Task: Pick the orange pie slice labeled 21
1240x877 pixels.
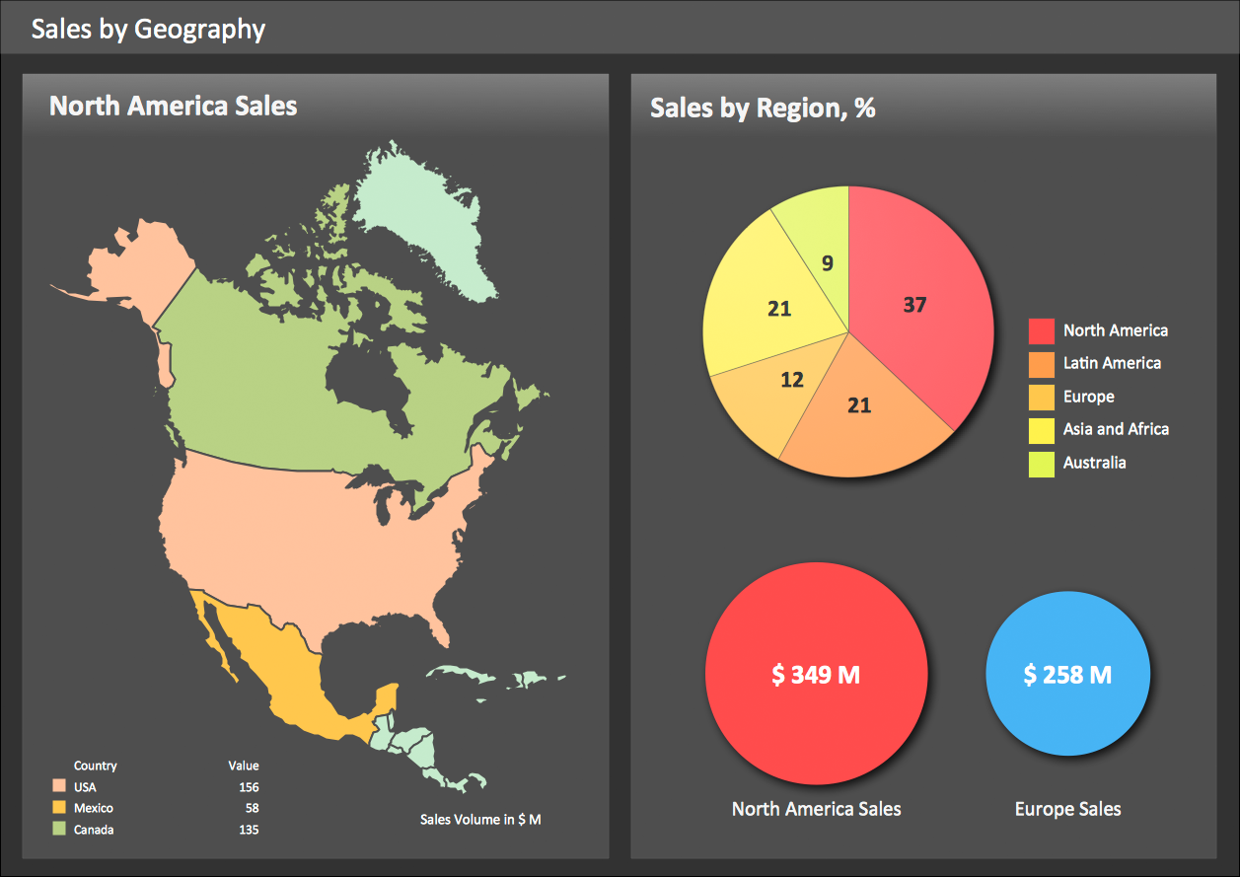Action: (x=858, y=414)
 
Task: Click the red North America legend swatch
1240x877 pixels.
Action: (x=1042, y=331)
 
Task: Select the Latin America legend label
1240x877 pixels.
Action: (x=1112, y=363)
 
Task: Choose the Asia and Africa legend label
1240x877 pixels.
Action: (x=1116, y=429)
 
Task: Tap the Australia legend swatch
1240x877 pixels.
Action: (x=1042, y=463)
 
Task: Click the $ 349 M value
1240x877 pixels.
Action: (x=816, y=675)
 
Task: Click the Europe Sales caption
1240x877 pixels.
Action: (x=1067, y=809)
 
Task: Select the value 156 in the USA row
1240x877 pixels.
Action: (x=249, y=787)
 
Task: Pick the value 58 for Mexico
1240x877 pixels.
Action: (x=252, y=808)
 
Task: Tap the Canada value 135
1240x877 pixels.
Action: (x=249, y=830)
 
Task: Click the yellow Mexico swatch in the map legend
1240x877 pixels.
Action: (x=59, y=808)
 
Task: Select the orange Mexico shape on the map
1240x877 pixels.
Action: (x=286, y=681)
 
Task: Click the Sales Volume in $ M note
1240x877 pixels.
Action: (x=480, y=820)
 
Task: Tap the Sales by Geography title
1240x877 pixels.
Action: (x=148, y=29)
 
